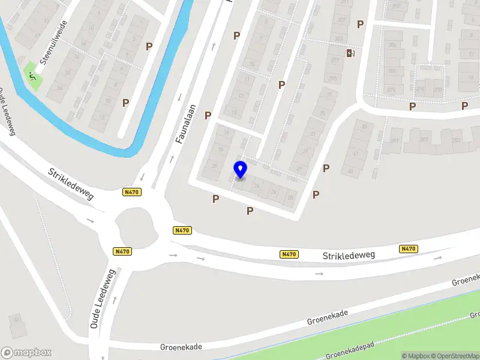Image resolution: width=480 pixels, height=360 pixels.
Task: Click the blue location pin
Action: tap(241, 170)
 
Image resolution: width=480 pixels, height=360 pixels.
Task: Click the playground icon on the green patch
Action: tap(33, 76)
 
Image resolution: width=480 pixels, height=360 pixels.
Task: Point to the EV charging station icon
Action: tap(350, 53)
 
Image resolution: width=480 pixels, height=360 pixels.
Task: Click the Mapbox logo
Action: tap(26, 353)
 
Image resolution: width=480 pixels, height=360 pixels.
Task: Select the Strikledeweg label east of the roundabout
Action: tap(349, 256)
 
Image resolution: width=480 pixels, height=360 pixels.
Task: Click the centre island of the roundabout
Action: tap(135, 227)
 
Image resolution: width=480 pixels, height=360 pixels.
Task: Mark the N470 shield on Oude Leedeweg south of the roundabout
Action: tap(122, 251)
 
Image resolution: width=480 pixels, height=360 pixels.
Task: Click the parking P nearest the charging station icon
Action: tap(361, 24)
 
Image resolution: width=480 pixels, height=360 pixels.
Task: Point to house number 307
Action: tap(341, 20)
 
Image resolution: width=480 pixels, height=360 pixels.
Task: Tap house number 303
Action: tap(339, 39)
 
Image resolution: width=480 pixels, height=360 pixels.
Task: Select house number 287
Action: tap(424, 140)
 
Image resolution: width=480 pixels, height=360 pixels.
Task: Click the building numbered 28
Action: tap(290, 197)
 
